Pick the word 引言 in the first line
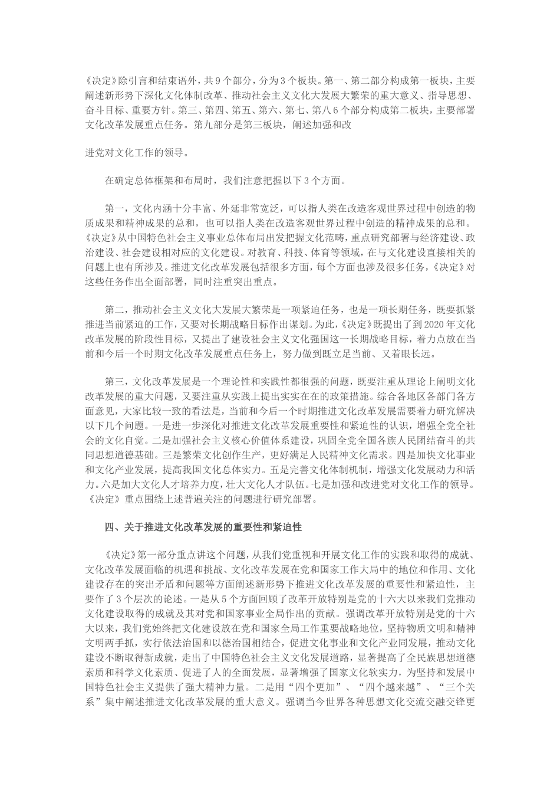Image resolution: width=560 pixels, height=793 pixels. (140, 80)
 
